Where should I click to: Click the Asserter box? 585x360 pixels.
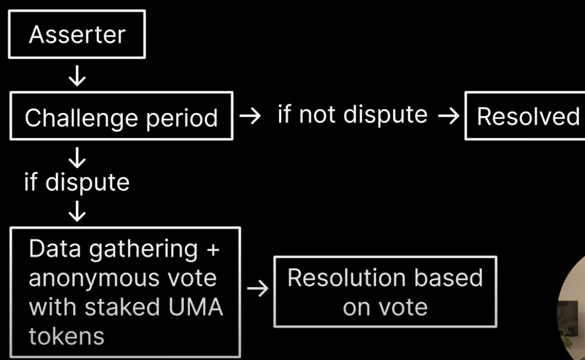[77, 34]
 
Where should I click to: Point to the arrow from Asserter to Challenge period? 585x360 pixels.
[77, 76]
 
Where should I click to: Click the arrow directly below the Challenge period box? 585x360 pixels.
[77, 158]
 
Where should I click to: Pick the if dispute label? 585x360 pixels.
[77, 182]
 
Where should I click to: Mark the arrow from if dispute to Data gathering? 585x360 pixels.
[77, 211]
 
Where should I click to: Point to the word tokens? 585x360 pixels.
[66, 336]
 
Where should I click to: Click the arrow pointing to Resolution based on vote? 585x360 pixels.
[257, 288]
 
